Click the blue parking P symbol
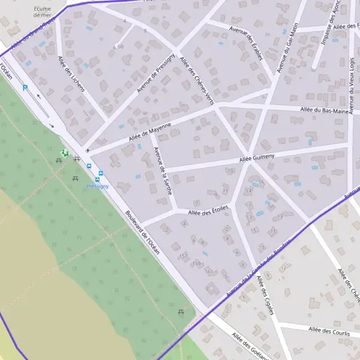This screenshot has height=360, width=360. (x=25, y=88)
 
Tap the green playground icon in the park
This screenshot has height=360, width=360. (x=65, y=153)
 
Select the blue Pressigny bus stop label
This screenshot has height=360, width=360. (x=97, y=187)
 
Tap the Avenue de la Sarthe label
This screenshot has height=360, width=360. (x=163, y=172)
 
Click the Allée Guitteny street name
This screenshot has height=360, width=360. (x=256, y=157)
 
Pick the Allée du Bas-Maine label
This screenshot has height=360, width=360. (x=325, y=110)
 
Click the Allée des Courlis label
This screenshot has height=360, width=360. (x=328, y=329)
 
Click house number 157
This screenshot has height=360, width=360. (x=184, y=256)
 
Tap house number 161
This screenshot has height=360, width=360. (x=209, y=271)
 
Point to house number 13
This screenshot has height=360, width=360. (x=280, y=217)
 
